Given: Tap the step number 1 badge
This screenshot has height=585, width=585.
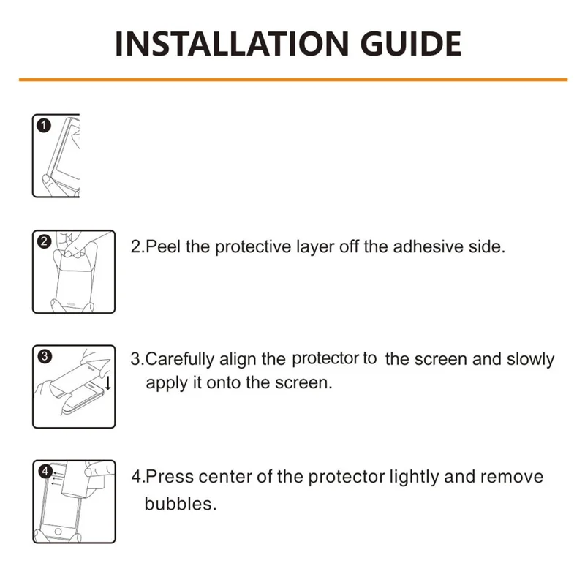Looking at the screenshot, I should pyautogui.click(x=44, y=126).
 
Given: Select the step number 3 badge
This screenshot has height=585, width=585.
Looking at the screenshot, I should pyautogui.click(x=44, y=357).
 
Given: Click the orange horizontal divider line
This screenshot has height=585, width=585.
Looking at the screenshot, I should pyautogui.click(x=292, y=79).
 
